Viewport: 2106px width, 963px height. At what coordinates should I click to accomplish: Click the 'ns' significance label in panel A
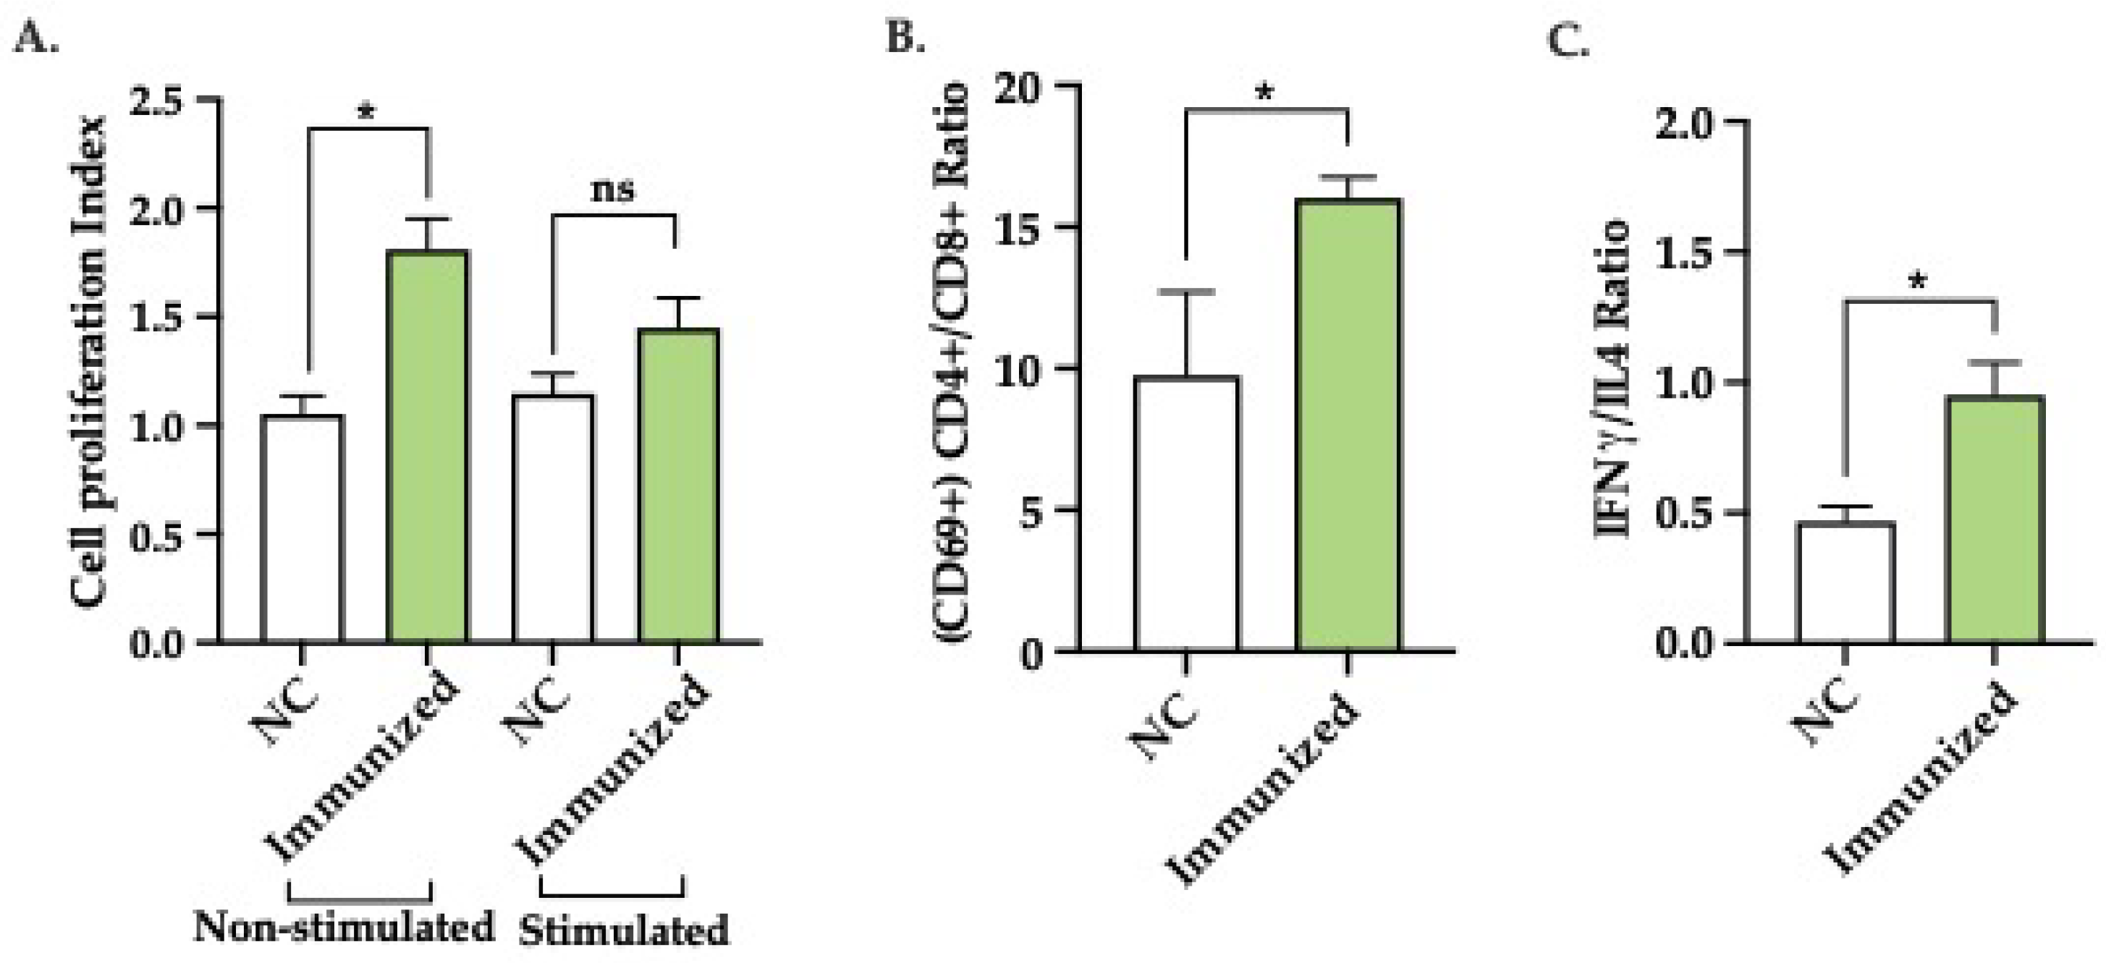(613, 190)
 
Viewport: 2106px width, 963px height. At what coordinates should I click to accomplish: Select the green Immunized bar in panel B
(1348, 425)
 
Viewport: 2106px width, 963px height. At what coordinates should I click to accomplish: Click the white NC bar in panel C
(1845, 582)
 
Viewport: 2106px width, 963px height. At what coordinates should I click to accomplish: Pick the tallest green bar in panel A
(426, 446)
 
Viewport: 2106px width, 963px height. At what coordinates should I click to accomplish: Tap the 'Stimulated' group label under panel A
(623, 931)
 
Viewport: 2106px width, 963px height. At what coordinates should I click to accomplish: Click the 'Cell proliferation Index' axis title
(89, 361)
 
